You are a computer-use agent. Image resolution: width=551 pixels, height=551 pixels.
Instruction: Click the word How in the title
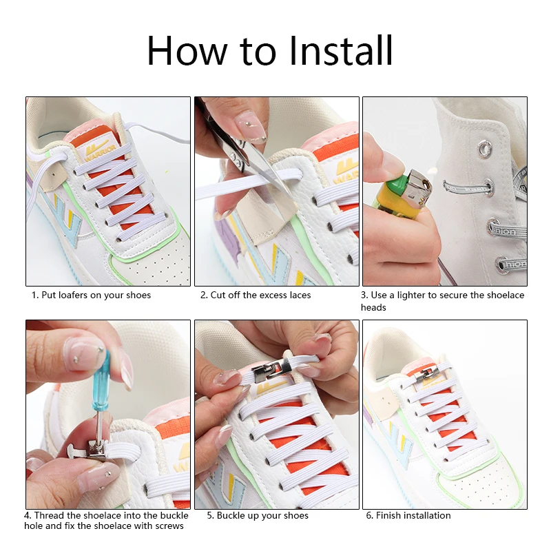point(187,50)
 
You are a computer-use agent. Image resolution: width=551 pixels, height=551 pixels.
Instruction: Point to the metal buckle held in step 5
point(270,371)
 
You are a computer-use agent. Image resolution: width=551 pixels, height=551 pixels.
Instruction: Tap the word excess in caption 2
point(273,295)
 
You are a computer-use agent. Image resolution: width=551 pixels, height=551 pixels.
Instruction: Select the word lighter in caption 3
point(410,295)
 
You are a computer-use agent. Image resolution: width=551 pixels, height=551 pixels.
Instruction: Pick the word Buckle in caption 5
point(229,515)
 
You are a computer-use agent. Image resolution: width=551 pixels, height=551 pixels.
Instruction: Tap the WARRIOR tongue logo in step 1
point(99,149)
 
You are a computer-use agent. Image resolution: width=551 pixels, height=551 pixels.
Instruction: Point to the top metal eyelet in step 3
point(485,148)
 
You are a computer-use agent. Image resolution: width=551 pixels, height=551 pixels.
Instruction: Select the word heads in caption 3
point(373,307)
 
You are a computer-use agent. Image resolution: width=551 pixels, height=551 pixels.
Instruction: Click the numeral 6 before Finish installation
point(369,515)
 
